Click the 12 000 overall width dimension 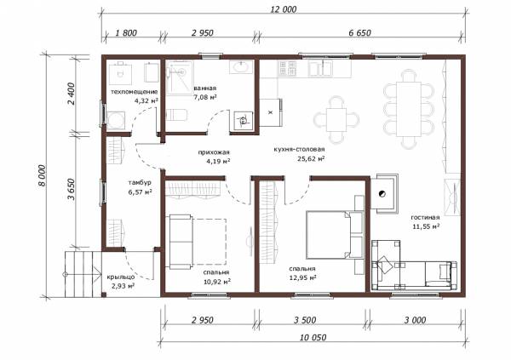click(284, 9)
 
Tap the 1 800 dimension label click(126, 33)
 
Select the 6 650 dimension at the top click(359, 33)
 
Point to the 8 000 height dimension click(43, 175)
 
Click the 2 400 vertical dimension click(72, 94)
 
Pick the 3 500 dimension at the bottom click(305, 320)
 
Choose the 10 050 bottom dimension click(313, 338)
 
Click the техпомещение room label click(135, 92)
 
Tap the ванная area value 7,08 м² click(205, 97)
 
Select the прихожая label click(214, 152)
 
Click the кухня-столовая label click(299, 149)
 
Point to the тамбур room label click(140, 183)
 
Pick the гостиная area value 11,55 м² click(426, 226)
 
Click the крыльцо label click(121, 277)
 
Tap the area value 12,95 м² click(302, 278)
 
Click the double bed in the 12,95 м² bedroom click(335, 235)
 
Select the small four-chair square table click(336, 119)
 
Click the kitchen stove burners click(288, 68)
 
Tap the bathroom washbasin click(241, 67)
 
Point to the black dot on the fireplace click(382, 193)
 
